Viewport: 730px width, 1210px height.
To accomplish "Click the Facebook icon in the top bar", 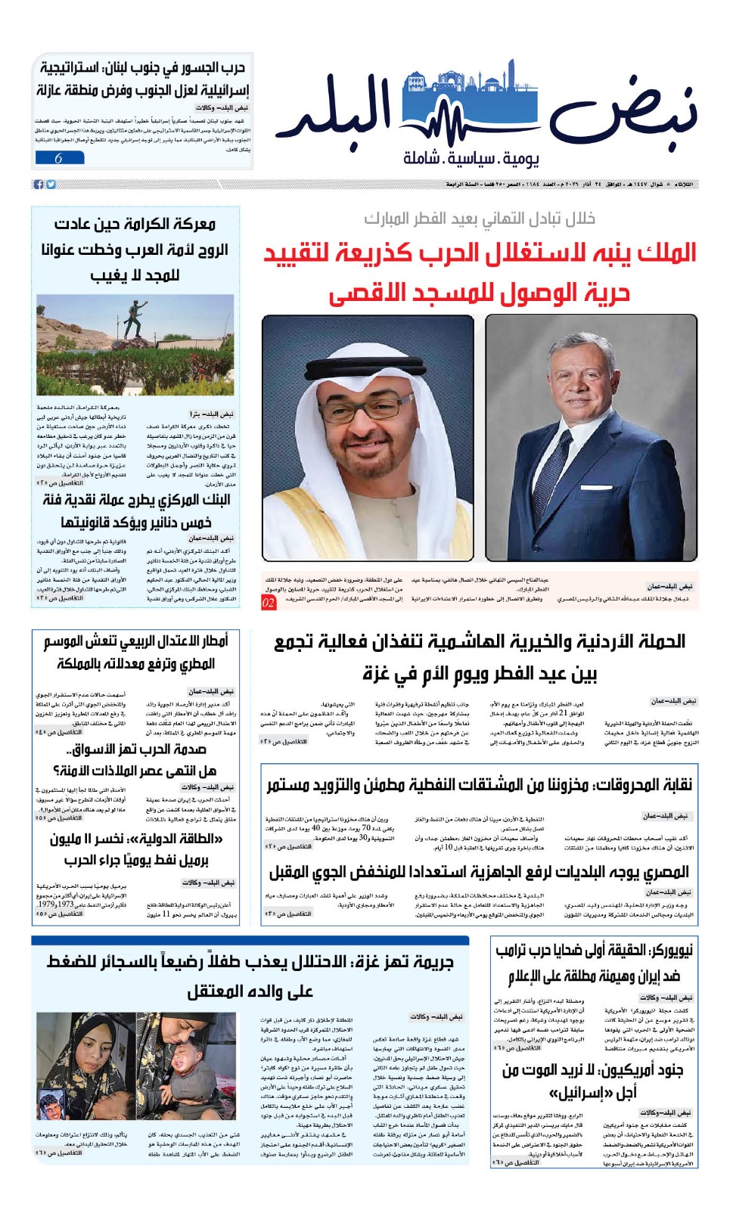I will (39, 185).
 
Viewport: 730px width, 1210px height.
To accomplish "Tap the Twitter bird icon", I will (51, 185).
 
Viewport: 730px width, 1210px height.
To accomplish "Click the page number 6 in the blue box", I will (58, 158).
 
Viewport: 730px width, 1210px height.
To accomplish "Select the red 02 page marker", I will (269, 603).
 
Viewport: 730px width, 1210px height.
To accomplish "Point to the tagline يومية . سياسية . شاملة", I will (471, 158).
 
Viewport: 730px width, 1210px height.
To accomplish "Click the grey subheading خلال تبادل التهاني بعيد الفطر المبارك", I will (480, 219).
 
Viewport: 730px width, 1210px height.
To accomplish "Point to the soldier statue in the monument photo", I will (134, 318).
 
